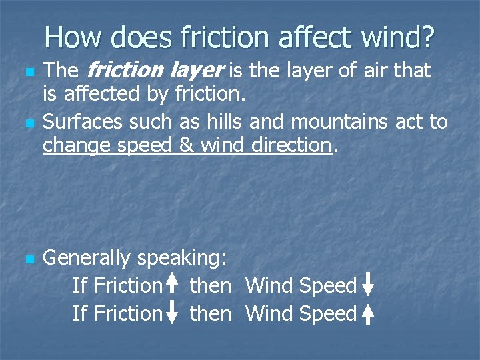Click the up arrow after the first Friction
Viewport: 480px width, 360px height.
tap(173, 285)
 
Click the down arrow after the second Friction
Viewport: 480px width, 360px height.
tap(173, 313)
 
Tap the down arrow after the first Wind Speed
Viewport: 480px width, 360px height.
tap(368, 285)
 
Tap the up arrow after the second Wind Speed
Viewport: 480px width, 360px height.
tap(368, 313)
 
